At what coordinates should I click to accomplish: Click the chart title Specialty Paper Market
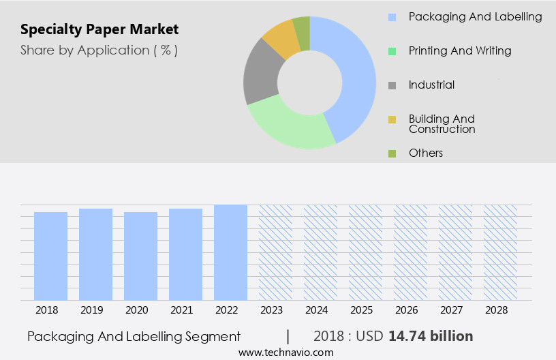(99, 29)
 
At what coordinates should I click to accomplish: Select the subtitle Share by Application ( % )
(99, 50)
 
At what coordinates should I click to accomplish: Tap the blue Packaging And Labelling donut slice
(354, 75)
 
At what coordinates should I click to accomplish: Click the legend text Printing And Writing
(460, 50)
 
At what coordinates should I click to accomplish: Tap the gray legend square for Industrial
(392, 85)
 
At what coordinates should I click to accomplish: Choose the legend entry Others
(426, 153)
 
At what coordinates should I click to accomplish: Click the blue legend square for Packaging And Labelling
(392, 17)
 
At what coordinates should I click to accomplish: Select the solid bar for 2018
(50, 256)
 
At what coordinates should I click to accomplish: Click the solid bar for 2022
(230, 252)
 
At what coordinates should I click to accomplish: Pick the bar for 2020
(140, 256)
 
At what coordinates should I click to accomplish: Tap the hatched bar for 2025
(365, 252)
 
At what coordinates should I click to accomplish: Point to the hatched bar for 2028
(500, 252)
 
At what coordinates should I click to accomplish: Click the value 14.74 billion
(431, 336)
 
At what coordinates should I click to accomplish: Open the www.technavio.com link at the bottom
(286, 352)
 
